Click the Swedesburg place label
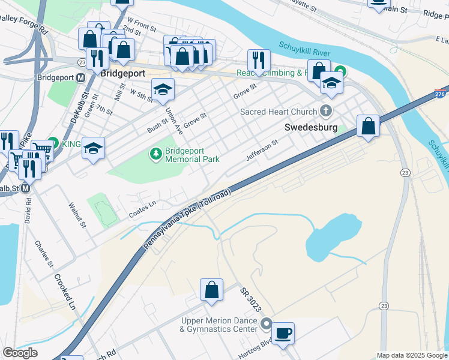click(310, 128)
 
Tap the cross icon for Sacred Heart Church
click(326, 111)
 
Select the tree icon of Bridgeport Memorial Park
click(156, 154)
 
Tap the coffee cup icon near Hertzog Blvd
click(283, 332)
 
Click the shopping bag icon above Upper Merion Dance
click(211, 290)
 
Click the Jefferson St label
click(262, 151)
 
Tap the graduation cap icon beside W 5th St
click(162, 89)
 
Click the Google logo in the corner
click(20, 353)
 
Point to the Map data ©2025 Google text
click(412, 355)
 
